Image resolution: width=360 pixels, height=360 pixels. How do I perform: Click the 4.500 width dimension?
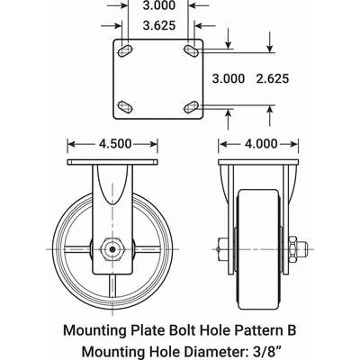(x=112, y=141)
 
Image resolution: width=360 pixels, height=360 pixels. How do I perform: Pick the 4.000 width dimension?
(x=259, y=141)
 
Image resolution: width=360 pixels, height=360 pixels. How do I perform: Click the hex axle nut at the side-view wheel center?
(x=112, y=244)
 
